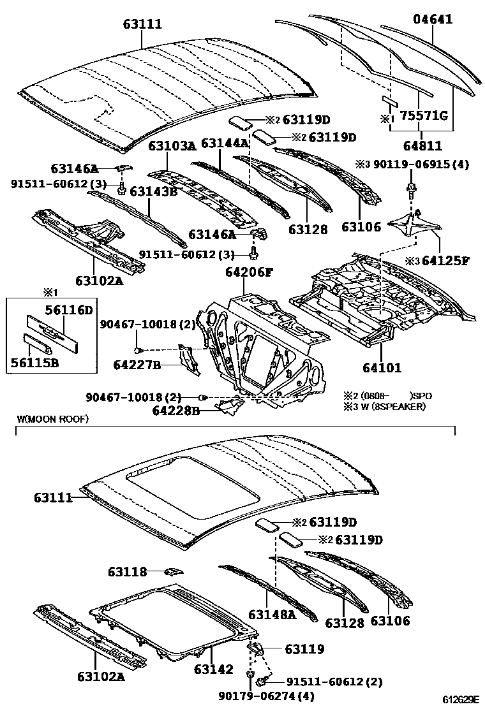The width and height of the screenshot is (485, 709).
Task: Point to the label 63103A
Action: tap(172, 146)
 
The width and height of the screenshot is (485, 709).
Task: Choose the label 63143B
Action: tap(153, 191)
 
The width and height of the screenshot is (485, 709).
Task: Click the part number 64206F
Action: tap(248, 273)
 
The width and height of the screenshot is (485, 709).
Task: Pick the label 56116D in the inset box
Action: tap(69, 311)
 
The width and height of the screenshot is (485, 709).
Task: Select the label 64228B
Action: tap(176, 411)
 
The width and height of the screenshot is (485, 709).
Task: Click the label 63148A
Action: tap(272, 614)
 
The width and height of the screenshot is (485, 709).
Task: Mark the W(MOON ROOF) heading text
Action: tap(53, 419)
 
